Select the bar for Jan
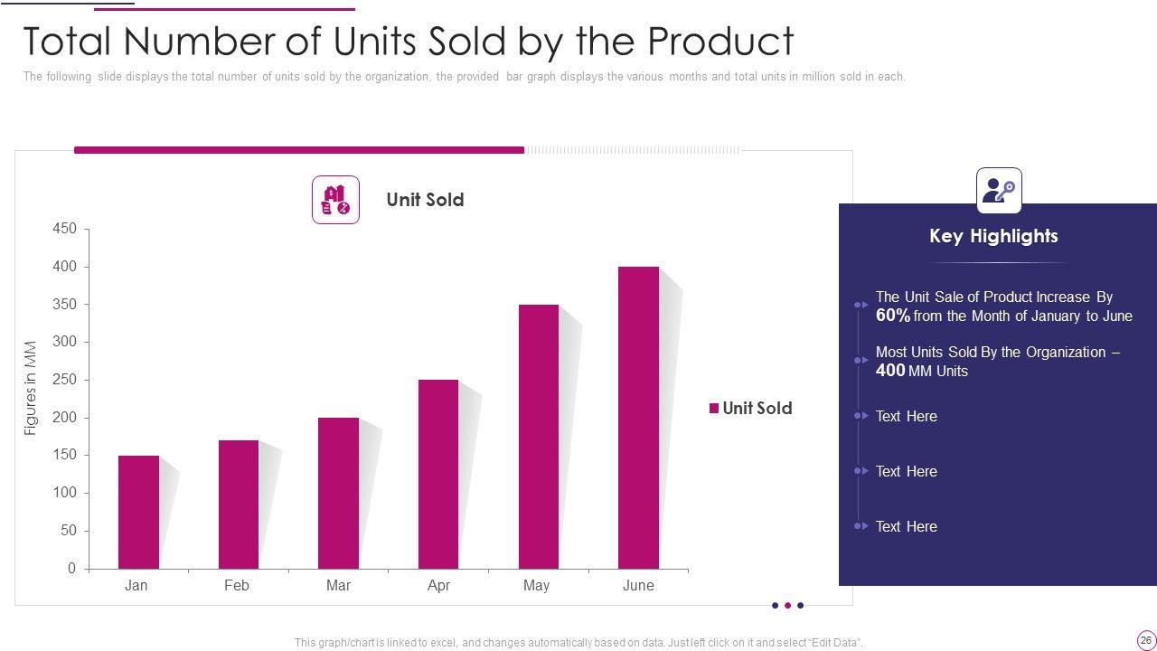[138, 512]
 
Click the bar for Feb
[239, 505]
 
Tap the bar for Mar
[339, 493]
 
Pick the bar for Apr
[438, 474]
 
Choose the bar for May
[539, 437]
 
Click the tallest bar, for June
[638, 418]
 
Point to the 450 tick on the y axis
[65, 230]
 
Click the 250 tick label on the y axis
[65, 381]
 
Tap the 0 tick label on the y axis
[72, 569]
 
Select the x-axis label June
[638, 586]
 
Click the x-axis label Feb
[237, 586]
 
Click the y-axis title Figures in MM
[31, 388]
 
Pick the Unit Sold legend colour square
[713, 409]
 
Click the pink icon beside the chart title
[335, 200]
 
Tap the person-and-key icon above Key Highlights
[999, 191]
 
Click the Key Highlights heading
[993, 236]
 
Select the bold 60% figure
[893, 316]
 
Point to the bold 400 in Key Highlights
[890, 371]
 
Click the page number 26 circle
[1146, 640]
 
